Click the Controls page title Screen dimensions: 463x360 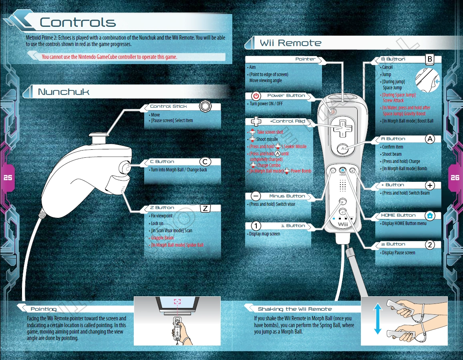(78, 22)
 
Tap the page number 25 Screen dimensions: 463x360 (8, 177)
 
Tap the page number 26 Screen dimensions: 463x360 (455, 177)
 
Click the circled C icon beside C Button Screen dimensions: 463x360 (205, 161)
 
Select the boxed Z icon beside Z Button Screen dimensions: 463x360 (205, 208)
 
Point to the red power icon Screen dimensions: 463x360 (256, 96)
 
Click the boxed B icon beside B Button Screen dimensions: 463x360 (430, 59)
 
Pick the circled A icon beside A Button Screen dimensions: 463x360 (430, 139)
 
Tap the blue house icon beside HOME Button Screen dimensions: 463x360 (430, 215)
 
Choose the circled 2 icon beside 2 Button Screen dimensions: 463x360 (430, 245)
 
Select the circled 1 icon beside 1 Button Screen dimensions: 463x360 (256, 226)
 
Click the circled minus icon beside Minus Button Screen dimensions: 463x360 (256, 196)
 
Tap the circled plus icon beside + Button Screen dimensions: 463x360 (430, 185)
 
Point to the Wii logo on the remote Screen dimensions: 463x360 (342, 224)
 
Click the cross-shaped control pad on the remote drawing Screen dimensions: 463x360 (342, 129)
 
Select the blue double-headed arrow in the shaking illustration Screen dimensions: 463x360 (378, 319)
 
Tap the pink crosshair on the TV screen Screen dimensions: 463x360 (177, 301)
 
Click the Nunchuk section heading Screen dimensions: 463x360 (64, 92)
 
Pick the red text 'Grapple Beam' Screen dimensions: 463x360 (162, 238)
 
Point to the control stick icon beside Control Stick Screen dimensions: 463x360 (205, 106)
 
